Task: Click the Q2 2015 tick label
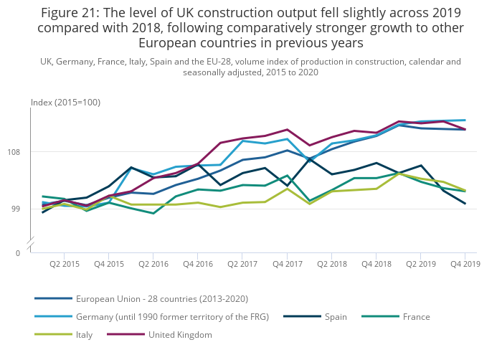[64, 265]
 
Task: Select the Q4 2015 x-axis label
[108, 265]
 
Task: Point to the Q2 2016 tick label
[153, 265]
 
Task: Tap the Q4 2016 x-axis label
[198, 265]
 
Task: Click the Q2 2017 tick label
[242, 265]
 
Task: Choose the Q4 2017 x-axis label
[288, 265]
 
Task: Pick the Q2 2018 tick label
[332, 265]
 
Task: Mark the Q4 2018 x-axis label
[376, 265]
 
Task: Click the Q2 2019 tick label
[421, 265]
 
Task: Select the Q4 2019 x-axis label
[465, 265]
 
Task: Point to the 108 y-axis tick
[22, 152]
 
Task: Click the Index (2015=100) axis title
[65, 103]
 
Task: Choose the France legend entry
[416, 316]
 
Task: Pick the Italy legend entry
[84, 334]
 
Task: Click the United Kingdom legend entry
[180, 334]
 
